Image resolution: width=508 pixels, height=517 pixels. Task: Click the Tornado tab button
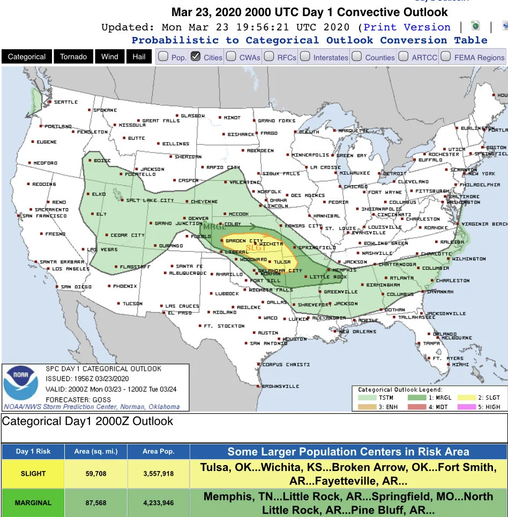point(73,57)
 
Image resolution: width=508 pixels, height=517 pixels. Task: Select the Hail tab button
point(139,57)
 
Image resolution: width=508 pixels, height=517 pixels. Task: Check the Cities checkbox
point(196,57)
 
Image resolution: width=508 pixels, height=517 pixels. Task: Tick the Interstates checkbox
point(305,57)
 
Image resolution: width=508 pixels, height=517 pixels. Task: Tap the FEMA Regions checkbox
point(446,57)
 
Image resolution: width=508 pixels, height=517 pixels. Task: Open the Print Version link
point(407,27)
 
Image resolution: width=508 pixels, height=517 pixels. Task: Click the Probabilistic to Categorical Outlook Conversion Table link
point(309,40)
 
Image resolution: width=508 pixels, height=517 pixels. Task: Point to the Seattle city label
point(65,102)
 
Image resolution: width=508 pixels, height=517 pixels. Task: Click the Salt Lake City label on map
point(150,200)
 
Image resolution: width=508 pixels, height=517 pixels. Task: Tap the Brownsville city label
point(280,386)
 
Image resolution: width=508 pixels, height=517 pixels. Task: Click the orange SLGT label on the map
point(256,248)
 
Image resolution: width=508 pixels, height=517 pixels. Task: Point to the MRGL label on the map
point(215,227)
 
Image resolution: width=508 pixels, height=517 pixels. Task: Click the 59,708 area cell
point(96,473)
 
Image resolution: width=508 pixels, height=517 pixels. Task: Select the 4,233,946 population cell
point(158,503)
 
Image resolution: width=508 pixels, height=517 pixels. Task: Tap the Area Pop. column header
point(158,451)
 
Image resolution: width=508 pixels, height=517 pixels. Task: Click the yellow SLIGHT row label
point(33,473)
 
